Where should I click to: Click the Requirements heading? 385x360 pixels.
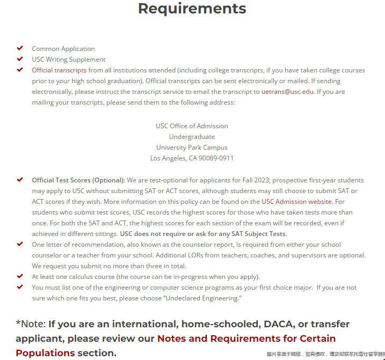[x=192, y=9]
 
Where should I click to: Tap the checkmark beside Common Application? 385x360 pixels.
[x=20, y=48]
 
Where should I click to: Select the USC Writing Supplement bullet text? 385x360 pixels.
[x=69, y=60]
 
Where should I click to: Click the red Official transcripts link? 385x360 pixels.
[x=59, y=70]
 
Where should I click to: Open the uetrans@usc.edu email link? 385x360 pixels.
[x=287, y=92]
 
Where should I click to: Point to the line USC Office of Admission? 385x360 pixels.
[x=192, y=126]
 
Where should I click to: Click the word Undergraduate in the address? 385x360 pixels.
[x=192, y=137]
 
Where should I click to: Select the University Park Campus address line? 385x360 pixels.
[x=192, y=148]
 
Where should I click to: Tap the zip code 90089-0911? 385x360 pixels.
[x=215, y=158]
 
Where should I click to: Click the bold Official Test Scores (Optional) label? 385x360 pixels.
[x=78, y=180]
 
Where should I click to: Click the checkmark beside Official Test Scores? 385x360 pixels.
[x=20, y=180]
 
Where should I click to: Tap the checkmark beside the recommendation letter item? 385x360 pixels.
[x=20, y=244]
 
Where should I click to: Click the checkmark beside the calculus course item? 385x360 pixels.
[x=20, y=276]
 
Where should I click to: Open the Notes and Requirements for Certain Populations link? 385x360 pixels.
[x=246, y=339]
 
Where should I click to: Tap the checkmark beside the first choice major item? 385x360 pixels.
[x=20, y=287]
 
